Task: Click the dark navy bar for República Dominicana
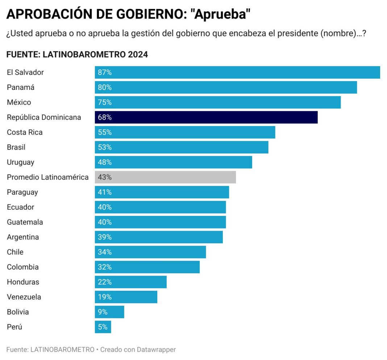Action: coord(206,117)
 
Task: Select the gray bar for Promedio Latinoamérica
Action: coord(165,177)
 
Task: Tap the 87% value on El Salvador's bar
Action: coord(105,72)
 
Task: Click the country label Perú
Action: coord(14,327)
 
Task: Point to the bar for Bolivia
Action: coord(109,312)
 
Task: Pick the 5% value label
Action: coord(103,327)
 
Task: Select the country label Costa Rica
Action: coord(25,132)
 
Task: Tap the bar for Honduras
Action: coord(130,282)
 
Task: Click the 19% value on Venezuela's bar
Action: coord(105,297)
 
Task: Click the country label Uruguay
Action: coord(21,162)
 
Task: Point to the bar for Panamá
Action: coord(226,87)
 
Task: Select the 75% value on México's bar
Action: coord(105,102)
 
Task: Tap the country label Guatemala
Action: coord(25,222)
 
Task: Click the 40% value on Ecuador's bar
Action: coord(105,207)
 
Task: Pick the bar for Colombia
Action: coord(147,267)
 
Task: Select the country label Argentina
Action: coord(23,237)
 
